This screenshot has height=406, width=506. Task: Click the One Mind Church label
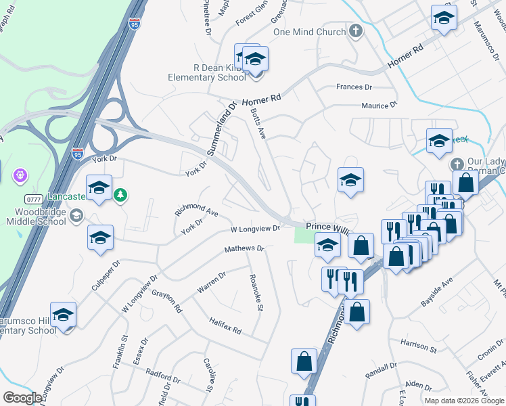(309, 32)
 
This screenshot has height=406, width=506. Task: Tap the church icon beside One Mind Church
(356, 31)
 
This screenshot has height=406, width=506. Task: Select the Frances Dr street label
(354, 87)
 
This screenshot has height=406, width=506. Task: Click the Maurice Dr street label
(379, 106)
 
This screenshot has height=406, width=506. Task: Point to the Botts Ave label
(259, 122)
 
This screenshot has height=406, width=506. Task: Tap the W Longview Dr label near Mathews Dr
(255, 229)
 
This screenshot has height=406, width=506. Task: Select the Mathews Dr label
(244, 249)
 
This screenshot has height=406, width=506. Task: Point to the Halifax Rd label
(225, 327)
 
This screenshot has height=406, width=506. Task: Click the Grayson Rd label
(167, 300)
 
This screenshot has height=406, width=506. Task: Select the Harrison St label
(417, 346)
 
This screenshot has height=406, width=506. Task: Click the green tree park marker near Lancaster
(120, 195)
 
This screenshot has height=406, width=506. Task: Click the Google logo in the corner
(22, 398)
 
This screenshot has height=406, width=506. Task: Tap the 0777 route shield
(34, 199)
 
